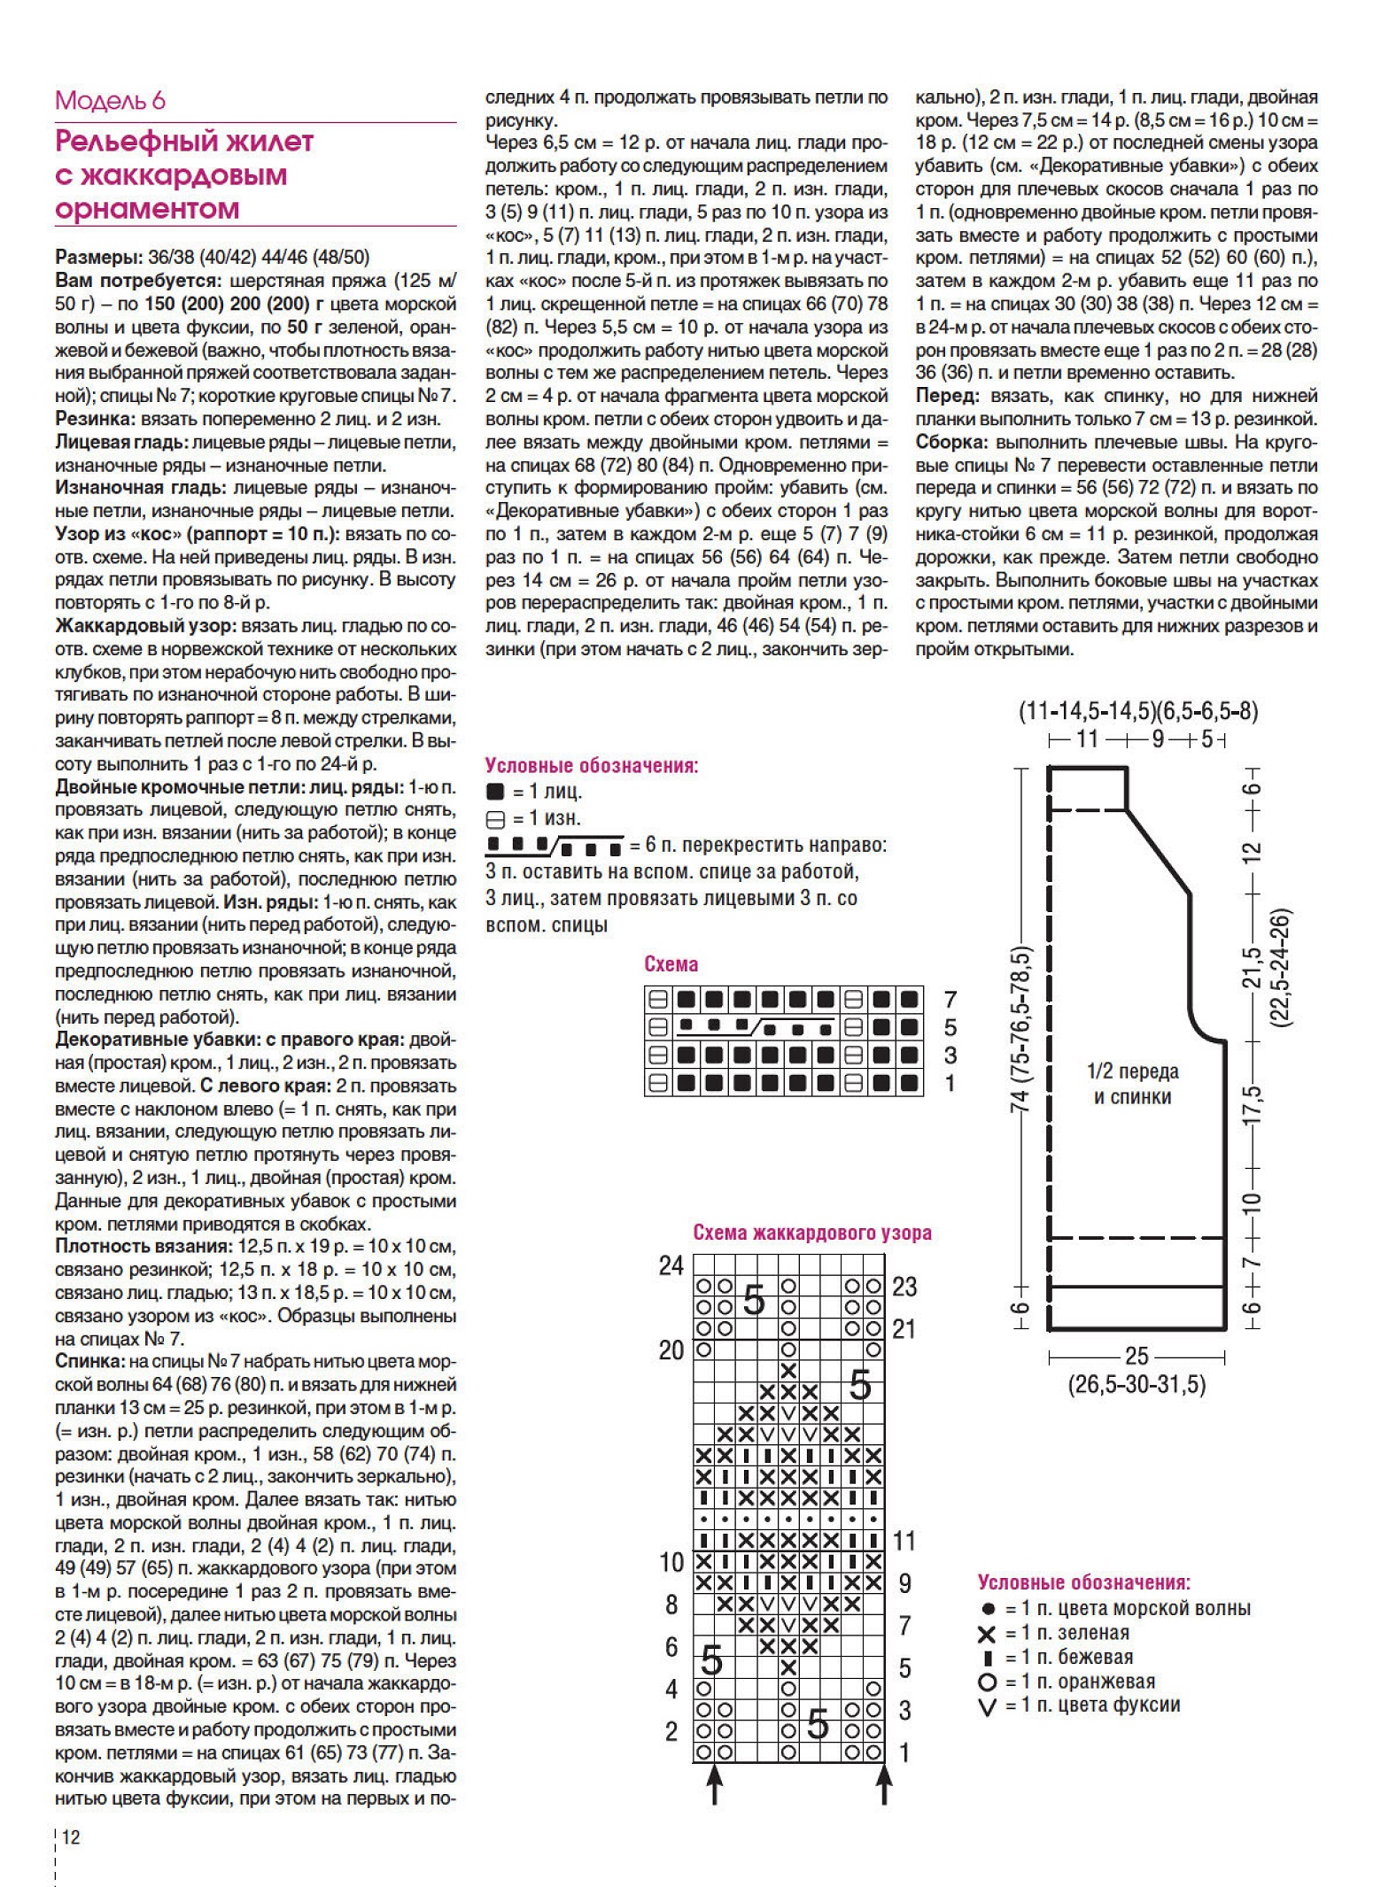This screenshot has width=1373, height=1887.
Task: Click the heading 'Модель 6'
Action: click(110, 100)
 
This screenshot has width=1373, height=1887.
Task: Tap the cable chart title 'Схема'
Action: click(671, 964)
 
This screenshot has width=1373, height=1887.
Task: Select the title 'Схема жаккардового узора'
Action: click(811, 1232)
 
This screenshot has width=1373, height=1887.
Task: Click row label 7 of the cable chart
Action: click(950, 1000)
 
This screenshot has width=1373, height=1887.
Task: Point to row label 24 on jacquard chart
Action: click(671, 1265)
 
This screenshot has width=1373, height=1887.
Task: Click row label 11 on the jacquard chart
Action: click(904, 1541)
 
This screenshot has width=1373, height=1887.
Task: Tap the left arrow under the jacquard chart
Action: click(714, 1782)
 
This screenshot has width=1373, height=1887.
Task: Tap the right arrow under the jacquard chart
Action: click(883, 1782)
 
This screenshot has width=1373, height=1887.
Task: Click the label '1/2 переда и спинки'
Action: click(1132, 1084)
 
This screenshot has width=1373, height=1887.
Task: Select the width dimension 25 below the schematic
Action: click(1136, 1356)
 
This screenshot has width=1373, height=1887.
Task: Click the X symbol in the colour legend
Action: click(987, 1633)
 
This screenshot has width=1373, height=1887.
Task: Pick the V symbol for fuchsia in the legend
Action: click(988, 1705)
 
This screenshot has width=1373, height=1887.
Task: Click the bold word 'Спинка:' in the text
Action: click(89, 1361)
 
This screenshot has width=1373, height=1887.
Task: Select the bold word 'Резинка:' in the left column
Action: click(92, 419)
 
